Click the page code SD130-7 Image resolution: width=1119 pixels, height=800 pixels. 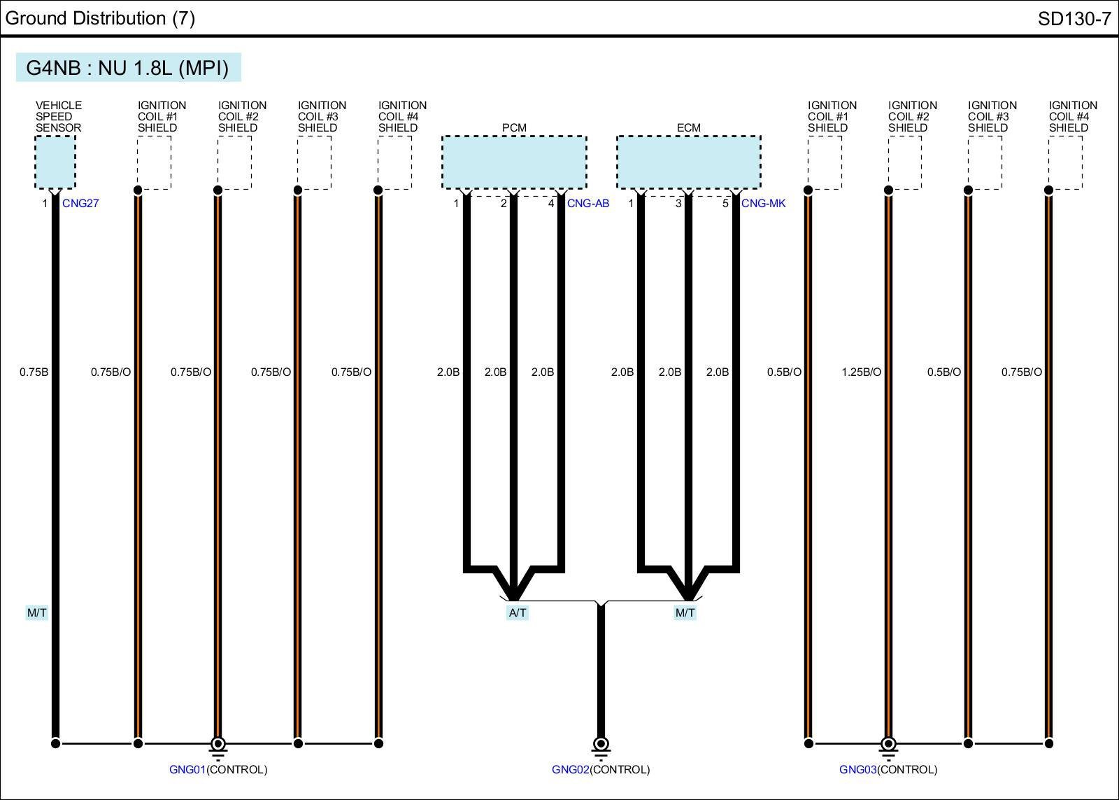click(1074, 19)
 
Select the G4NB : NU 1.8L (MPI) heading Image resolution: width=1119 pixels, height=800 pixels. click(128, 68)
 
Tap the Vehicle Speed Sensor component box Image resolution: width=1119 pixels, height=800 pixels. click(55, 162)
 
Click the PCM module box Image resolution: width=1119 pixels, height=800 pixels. click(514, 162)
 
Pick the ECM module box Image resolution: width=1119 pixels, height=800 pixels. click(689, 162)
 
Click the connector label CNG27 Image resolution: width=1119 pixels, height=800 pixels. click(80, 204)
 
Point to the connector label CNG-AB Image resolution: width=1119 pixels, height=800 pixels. click(588, 204)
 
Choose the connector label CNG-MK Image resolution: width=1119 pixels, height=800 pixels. click(764, 204)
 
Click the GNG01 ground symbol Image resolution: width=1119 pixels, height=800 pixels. click(218, 746)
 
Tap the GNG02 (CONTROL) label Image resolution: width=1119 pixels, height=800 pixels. click(601, 770)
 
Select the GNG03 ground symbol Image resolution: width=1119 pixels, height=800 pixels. click(888, 746)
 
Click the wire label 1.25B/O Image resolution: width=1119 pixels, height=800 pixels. click(861, 372)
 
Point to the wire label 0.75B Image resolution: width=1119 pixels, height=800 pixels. click(34, 372)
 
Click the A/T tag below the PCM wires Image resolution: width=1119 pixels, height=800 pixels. click(518, 613)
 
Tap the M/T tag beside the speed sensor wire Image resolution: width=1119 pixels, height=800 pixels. click(37, 613)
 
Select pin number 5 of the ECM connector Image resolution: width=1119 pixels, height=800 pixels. click(725, 204)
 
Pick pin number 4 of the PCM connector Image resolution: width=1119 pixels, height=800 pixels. click(551, 204)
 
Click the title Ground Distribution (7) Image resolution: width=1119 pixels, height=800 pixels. click(100, 18)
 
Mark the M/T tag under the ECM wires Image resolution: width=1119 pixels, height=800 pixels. click(685, 613)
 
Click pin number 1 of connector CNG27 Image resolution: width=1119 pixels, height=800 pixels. click(45, 204)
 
